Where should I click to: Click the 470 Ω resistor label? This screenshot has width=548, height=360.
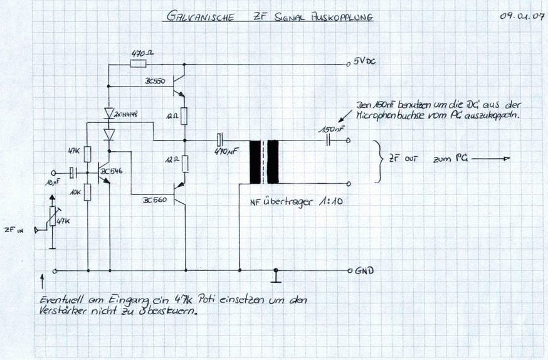[143, 53]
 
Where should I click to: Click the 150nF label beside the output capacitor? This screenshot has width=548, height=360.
[330, 129]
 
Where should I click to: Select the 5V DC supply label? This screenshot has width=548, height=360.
[364, 62]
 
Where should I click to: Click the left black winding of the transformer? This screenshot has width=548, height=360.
[255, 162]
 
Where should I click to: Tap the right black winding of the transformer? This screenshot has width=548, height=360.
[273, 162]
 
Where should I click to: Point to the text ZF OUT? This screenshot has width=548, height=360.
[403, 160]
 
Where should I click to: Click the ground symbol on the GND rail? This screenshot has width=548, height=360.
[275, 274]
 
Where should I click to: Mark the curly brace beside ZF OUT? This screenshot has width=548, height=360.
[377, 161]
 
